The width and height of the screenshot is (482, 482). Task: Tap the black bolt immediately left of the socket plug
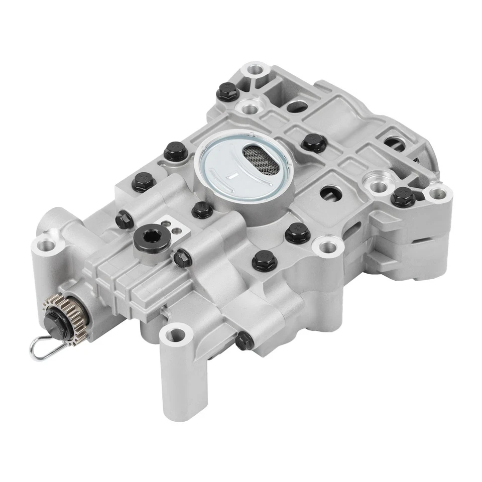click(124, 218)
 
